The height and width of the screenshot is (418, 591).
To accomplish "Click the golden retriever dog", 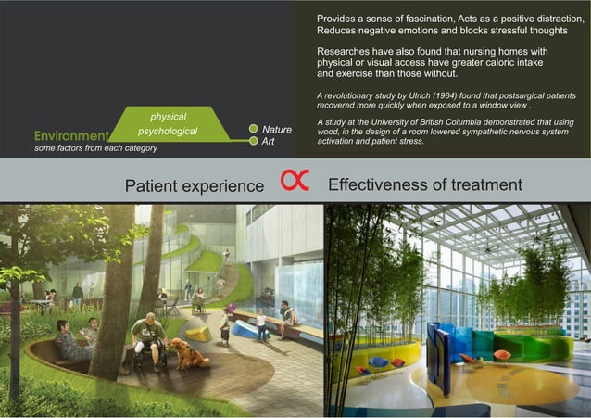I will point(189,353).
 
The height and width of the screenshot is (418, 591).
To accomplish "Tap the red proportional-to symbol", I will point(295,181).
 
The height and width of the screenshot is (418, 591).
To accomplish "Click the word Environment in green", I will point(70,135).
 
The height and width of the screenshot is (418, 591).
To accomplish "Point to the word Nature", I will point(277,130).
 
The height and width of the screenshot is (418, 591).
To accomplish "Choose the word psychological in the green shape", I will point(168,132).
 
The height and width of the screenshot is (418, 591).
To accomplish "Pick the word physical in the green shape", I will point(168,117).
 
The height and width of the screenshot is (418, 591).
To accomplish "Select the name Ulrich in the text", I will point(433,96).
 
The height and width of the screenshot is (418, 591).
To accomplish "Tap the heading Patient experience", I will point(195,185).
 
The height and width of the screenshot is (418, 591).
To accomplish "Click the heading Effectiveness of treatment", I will point(424,184).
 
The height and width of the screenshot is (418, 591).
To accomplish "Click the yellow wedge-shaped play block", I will point(198,333).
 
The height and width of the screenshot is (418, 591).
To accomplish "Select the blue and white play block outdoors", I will point(244,328).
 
